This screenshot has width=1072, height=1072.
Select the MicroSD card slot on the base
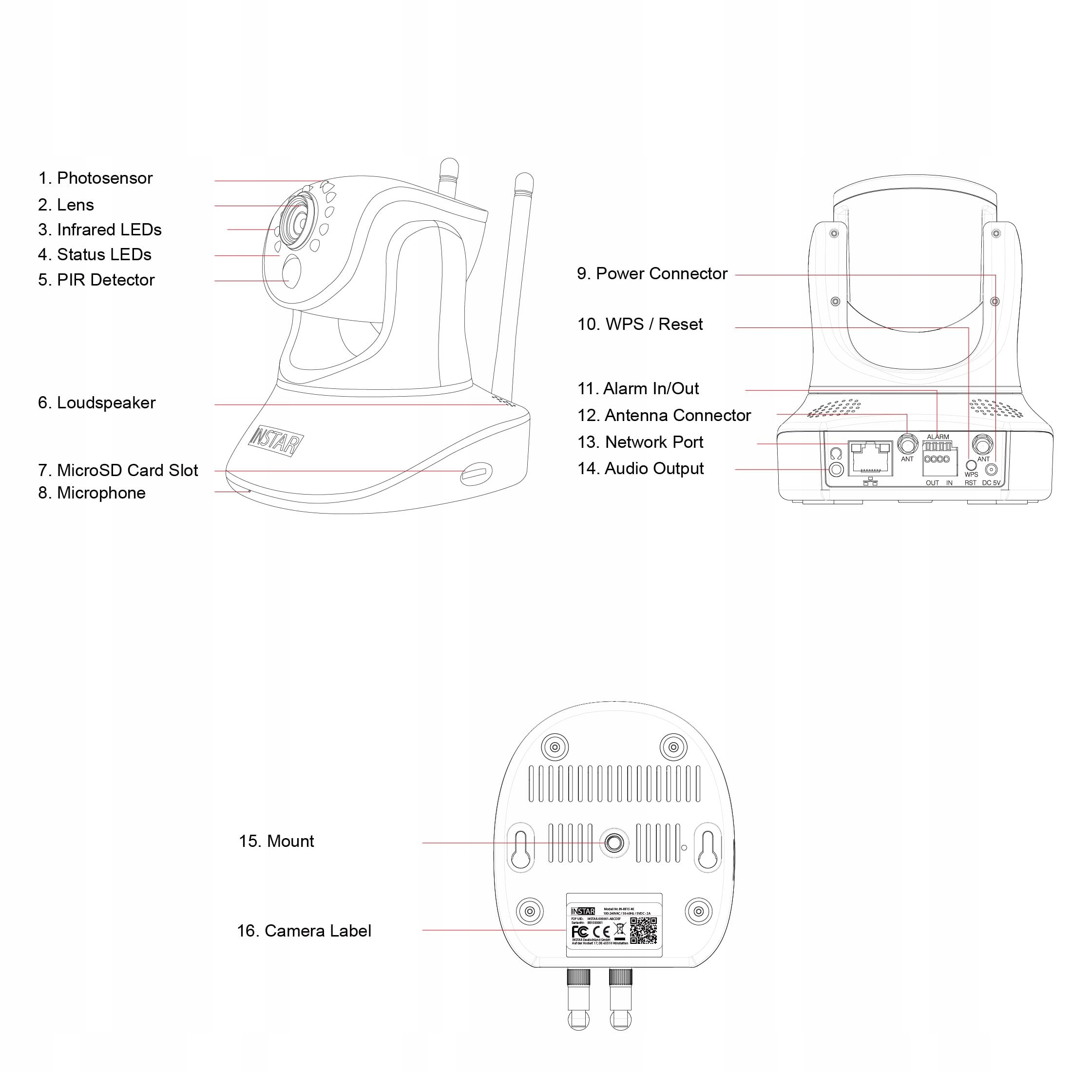click(476, 473)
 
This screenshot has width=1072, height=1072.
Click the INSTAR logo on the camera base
click(276, 440)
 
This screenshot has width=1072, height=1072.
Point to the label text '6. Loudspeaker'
click(96, 403)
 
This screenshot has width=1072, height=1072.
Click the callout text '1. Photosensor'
click(95, 178)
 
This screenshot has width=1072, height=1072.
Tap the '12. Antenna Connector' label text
click(664, 416)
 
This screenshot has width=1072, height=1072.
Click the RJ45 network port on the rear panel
click(870, 459)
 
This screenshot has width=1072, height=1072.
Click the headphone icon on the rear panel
click(836, 453)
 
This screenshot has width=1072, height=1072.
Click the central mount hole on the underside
click(613, 843)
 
